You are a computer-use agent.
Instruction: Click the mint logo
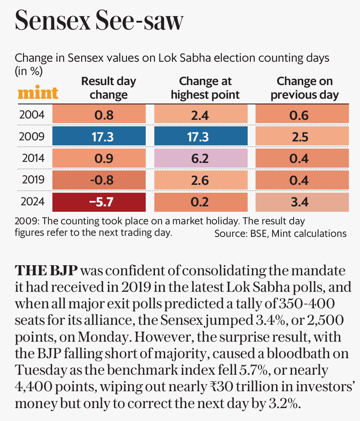38,93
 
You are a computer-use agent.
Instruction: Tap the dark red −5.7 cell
99,202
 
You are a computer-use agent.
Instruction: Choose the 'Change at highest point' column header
205,88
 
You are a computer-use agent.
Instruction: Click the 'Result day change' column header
108,88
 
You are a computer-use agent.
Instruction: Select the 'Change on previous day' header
304,88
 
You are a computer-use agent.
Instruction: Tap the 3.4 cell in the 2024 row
302,202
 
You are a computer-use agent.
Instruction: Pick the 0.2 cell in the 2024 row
201,202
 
